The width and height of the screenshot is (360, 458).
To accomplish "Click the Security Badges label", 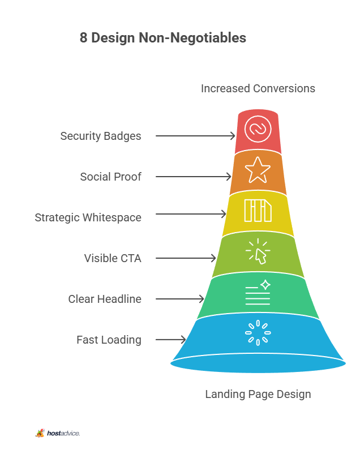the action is (x=101, y=136).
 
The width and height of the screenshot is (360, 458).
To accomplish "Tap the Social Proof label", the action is (x=110, y=177).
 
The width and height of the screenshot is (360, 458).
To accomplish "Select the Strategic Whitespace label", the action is (x=88, y=217).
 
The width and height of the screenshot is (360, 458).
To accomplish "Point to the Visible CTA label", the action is (x=113, y=258).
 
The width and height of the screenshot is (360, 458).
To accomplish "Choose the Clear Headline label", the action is (x=105, y=299).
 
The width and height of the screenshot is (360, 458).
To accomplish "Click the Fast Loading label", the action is (x=109, y=340).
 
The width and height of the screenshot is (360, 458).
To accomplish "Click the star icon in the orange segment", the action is (x=258, y=170).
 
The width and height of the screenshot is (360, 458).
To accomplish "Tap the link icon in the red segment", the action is (x=258, y=129).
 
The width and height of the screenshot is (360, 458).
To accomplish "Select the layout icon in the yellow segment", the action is (x=258, y=211).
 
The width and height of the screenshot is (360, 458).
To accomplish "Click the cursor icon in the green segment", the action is (x=258, y=251).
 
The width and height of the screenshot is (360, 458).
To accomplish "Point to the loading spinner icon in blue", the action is (x=258, y=333).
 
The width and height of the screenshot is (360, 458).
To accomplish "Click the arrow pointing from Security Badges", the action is (x=195, y=136).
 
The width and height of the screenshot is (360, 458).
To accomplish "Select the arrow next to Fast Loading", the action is (x=171, y=340).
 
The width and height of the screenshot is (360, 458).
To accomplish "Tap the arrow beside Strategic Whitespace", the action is (x=191, y=214).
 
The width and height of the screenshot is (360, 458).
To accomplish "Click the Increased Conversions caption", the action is (x=258, y=88).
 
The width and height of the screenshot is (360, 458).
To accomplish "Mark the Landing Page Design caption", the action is (x=258, y=395).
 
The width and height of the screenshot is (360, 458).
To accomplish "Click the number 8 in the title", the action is (x=84, y=38).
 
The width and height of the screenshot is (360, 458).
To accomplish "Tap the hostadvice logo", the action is (x=58, y=433).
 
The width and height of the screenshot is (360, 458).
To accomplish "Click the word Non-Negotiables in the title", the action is (x=192, y=38).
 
